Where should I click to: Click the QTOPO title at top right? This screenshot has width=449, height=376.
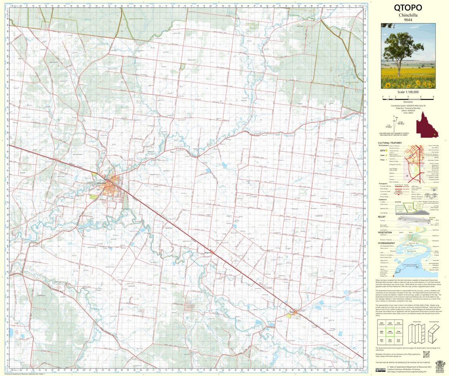[408, 7]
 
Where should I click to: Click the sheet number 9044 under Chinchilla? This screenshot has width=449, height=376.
[408, 20]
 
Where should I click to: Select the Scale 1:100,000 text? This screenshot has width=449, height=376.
[408, 92]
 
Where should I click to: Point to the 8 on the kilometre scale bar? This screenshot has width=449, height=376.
[433, 96]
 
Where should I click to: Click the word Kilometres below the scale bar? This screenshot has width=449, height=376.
[408, 102]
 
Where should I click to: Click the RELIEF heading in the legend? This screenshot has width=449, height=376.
[381, 217]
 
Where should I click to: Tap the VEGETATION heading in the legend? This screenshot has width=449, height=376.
[385, 232]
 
